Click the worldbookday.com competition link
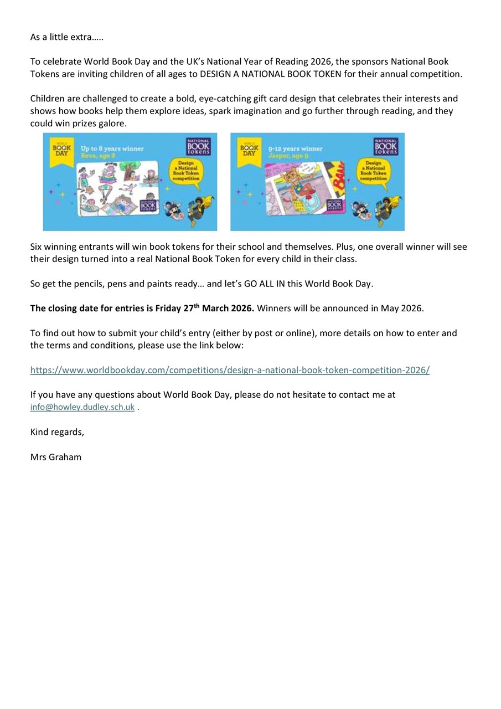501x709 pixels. [x=230, y=370]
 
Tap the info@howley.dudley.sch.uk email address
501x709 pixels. [x=82, y=407]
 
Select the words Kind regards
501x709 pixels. [x=57, y=432]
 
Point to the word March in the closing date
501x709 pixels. [x=218, y=309]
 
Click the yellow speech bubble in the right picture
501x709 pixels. [x=373, y=172]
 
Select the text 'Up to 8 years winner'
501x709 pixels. [x=112, y=148]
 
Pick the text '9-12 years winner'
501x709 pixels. [x=295, y=148]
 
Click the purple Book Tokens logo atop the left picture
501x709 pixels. [x=198, y=146]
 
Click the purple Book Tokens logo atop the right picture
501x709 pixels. [x=386, y=146]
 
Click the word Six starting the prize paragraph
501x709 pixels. [x=37, y=246]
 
